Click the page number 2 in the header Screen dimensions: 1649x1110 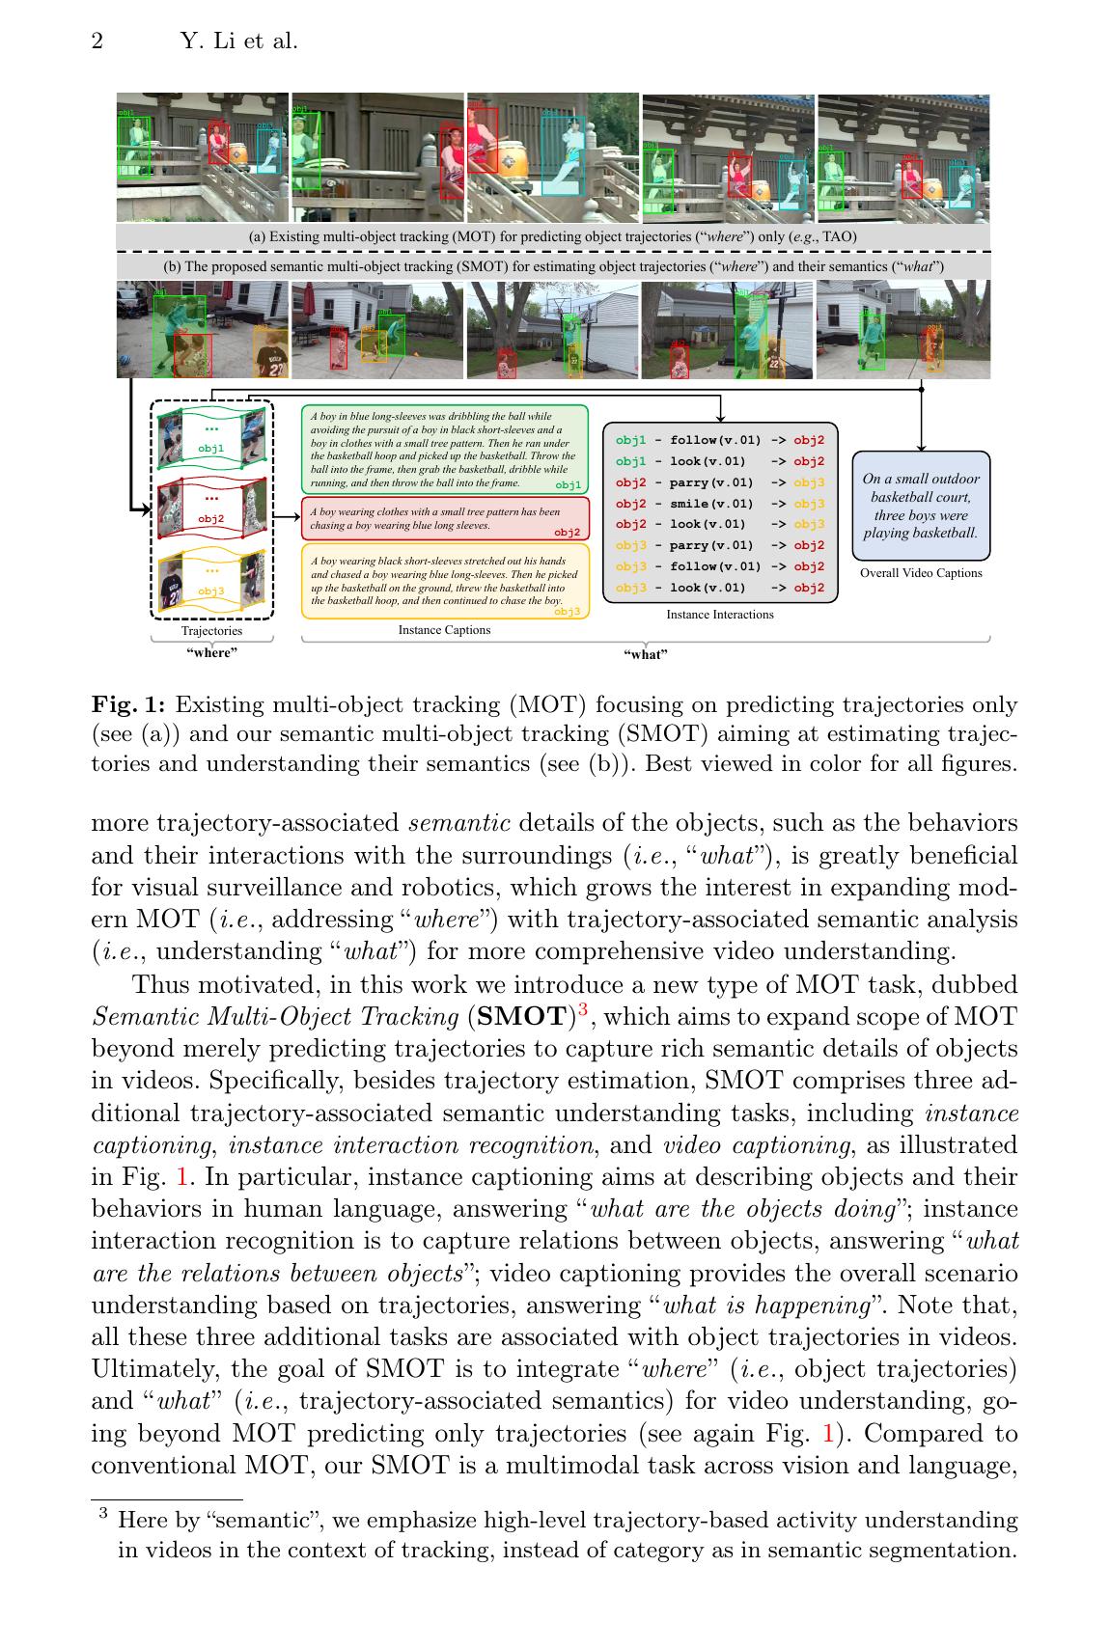click(97, 41)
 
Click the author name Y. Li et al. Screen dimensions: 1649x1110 click(239, 41)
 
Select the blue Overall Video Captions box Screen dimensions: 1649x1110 click(921, 506)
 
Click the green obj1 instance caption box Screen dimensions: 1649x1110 click(444, 449)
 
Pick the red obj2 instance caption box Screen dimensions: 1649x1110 click(444, 519)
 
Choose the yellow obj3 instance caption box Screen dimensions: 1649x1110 click(444, 580)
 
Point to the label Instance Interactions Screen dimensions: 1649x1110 click(719, 615)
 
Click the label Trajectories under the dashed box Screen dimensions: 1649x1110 click(211, 631)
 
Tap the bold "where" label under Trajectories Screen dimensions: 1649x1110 click(211, 653)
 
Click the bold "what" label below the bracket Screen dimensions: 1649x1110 click(645, 654)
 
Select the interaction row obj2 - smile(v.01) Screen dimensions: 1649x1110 click(720, 504)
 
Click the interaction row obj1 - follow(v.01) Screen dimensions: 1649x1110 click(720, 440)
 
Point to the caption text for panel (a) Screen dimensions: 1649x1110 click(552, 236)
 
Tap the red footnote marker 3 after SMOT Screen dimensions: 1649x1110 click(581, 1010)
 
